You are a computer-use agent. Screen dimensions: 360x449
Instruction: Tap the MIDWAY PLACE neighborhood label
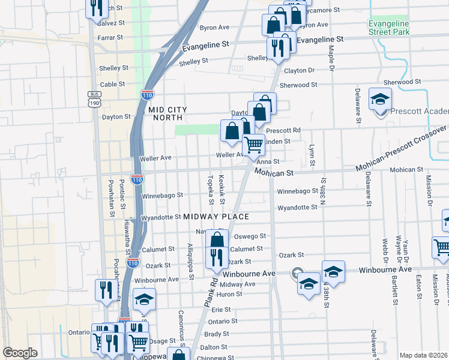click(216, 216)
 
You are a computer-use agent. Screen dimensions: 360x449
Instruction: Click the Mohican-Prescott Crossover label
click(402, 149)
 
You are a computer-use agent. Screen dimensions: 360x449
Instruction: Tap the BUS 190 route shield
click(94, 99)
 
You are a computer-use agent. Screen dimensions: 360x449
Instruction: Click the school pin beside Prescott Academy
click(380, 100)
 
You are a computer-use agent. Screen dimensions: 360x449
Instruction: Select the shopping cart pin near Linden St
click(253, 144)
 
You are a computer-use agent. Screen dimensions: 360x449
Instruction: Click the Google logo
click(20, 353)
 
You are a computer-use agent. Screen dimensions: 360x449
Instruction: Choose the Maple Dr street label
click(331, 59)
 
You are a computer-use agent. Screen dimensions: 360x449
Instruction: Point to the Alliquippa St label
click(190, 262)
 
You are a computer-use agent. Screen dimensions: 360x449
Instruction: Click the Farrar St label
click(110, 37)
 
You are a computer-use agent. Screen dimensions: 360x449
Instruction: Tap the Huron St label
click(231, 294)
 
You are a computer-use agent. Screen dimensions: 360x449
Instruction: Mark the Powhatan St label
click(111, 198)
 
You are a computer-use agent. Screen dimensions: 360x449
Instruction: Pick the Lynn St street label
click(312, 155)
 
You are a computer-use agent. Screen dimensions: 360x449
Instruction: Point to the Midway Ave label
click(234, 284)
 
